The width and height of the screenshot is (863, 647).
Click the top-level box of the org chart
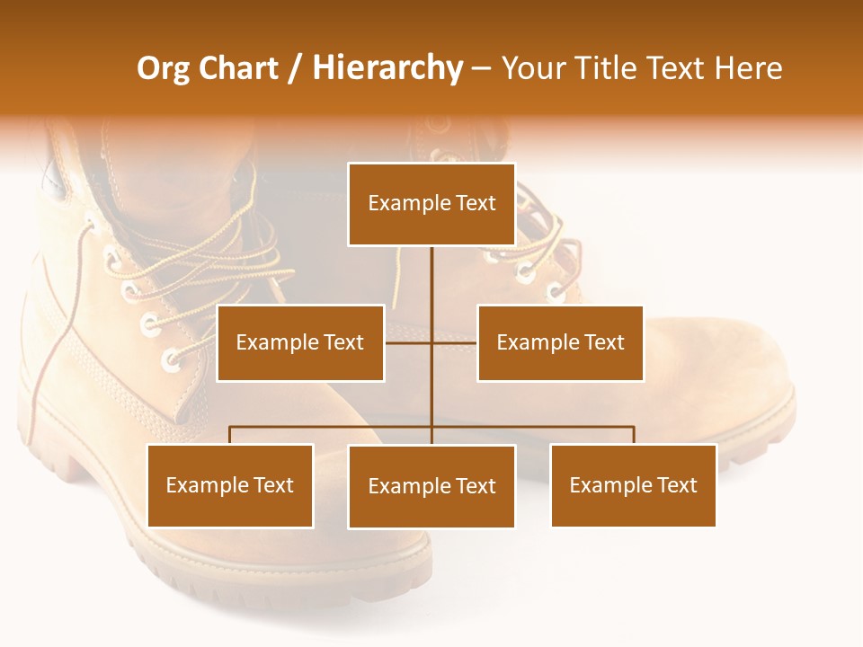431,204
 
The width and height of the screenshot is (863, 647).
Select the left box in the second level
300,343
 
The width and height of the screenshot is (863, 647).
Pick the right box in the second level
560,343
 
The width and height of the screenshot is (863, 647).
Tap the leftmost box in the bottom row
230,486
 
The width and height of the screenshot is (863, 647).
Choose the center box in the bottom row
431,487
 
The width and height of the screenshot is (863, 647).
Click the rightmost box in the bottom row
634,486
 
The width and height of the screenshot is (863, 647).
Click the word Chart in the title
237,68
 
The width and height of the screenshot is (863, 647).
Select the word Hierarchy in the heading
387,68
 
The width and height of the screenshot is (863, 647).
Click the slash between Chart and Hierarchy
295,68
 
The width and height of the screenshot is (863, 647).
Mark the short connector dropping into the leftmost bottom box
230,435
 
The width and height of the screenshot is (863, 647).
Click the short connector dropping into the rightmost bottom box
634,435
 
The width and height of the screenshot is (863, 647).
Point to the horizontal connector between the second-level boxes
431,342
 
